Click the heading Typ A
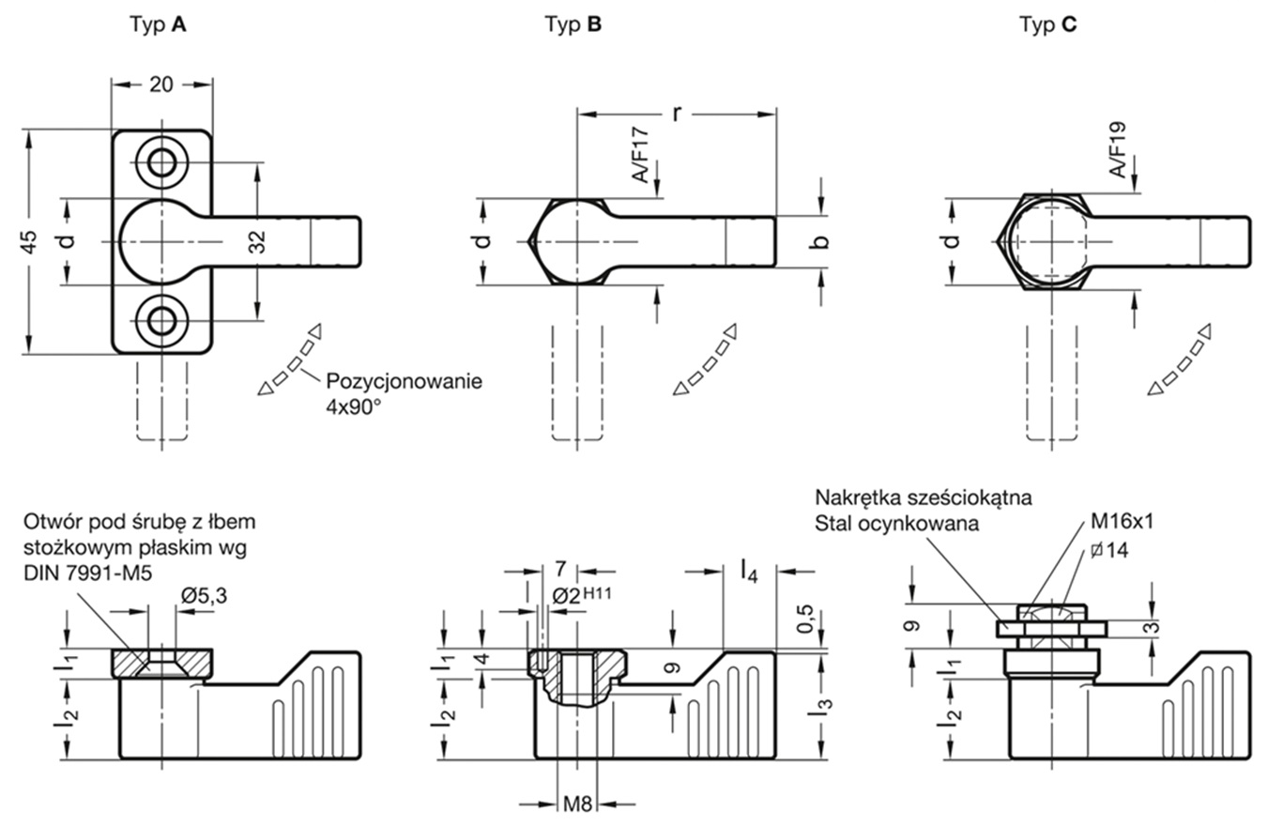[x=158, y=25]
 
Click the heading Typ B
[x=573, y=25]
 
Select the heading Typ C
[x=1047, y=25]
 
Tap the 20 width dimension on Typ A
[x=161, y=84]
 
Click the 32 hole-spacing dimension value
[x=259, y=242]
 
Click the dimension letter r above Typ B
[x=676, y=113]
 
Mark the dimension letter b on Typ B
[x=821, y=241]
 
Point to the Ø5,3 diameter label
[x=204, y=593]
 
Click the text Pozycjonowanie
[x=404, y=382]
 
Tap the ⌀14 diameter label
[x=1109, y=551]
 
